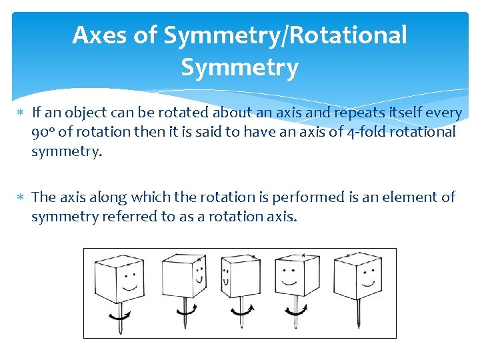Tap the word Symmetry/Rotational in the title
click(x=285, y=35)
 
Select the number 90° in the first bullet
click(x=43, y=131)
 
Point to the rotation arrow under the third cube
click(x=241, y=311)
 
